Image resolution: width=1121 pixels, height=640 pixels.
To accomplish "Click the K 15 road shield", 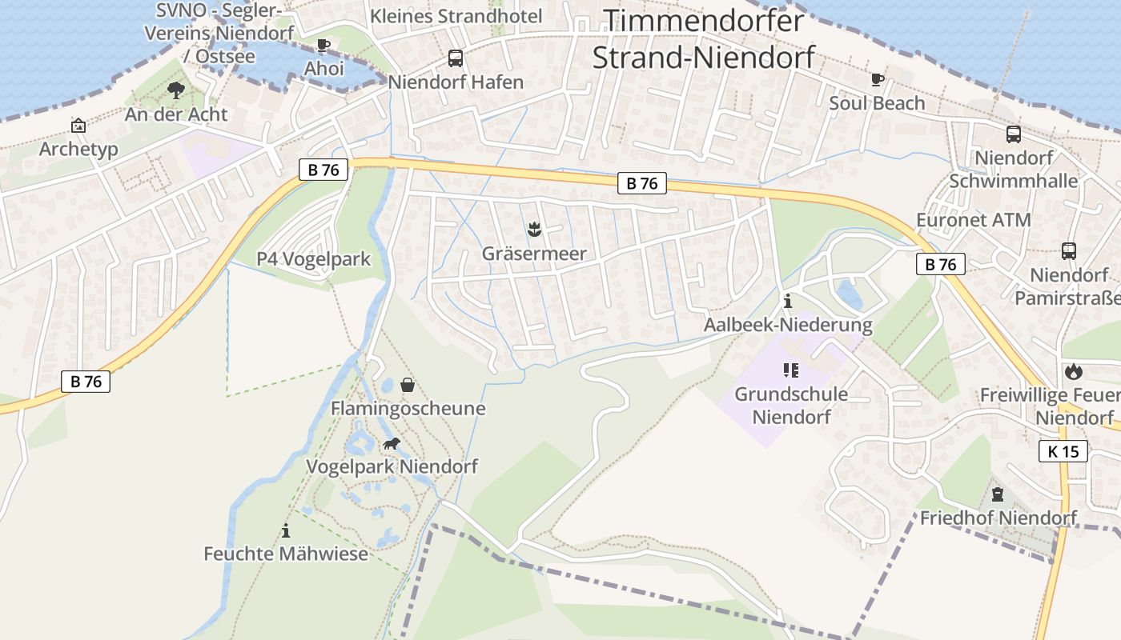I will click(x=1063, y=451).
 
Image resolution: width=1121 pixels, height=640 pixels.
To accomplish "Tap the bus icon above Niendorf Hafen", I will click(x=455, y=58).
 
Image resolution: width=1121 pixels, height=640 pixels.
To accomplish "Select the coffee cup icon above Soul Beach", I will click(x=878, y=79).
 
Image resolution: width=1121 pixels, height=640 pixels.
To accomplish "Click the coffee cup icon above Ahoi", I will click(x=323, y=45).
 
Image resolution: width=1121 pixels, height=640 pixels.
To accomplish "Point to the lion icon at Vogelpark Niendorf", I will click(x=391, y=444).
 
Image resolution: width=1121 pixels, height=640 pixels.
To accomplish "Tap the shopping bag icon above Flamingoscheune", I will click(x=408, y=386).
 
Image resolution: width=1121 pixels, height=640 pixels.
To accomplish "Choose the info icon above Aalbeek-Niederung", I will click(x=788, y=302).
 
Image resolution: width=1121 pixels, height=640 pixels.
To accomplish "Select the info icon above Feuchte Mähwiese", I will click(x=286, y=530).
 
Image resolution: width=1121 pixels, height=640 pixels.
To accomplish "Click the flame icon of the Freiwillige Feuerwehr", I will click(x=1073, y=371).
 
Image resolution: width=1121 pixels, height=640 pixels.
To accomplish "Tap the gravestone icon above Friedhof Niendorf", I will click(x=998, y=494).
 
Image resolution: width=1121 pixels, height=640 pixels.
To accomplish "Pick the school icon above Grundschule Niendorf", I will click(x=791, y=370).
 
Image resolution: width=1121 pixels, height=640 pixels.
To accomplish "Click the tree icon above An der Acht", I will click(x=176, y=90).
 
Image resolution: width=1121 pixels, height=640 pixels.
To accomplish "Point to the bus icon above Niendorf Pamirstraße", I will click(x=1068, y=251).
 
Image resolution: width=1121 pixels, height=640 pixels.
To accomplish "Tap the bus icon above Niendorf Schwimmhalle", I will click(x=1013, y=134).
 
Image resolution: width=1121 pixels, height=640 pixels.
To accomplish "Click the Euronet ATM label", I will click(x=973, y=220).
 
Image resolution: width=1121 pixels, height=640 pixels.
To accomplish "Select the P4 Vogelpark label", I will click(x=313, y=259).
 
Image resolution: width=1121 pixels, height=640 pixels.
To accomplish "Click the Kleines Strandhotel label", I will click(x=456, y=16).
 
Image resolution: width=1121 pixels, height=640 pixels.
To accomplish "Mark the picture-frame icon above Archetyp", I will click(x=78, y=126).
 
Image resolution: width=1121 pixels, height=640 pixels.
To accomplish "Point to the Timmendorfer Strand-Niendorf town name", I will click(x=703, y=38).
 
